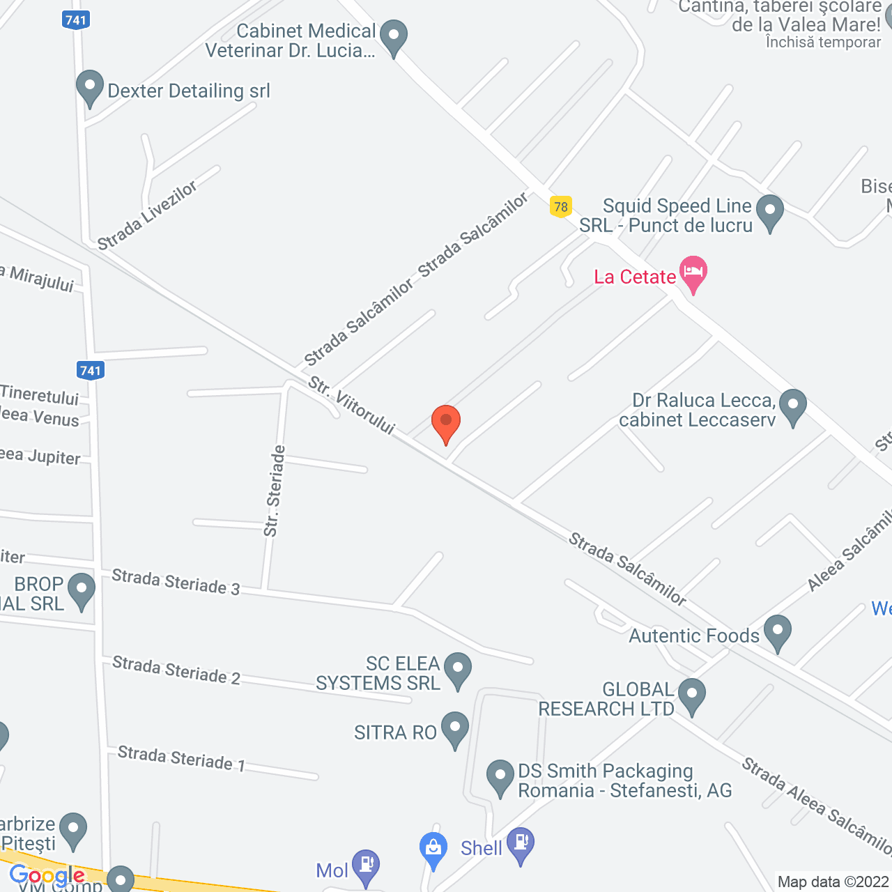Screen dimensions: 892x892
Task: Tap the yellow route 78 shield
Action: pos(560,207)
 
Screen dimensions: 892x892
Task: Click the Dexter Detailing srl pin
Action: pos(89,88)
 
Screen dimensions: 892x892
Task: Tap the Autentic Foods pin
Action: pos(777,631)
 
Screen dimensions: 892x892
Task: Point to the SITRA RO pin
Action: pos(455,728)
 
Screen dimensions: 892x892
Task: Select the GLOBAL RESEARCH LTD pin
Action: pos(691,695)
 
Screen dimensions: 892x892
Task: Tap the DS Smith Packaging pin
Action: pos(500,776)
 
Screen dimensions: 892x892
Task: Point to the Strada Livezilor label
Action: pos(147,216)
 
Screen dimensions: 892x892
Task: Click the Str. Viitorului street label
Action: pos(352,406)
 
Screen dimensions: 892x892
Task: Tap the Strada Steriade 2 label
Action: pos(176,670)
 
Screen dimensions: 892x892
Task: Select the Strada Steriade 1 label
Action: pos(181,758)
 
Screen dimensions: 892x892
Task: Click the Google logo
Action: pos(47,876)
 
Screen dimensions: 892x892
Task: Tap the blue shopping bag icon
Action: pos(433,849)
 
